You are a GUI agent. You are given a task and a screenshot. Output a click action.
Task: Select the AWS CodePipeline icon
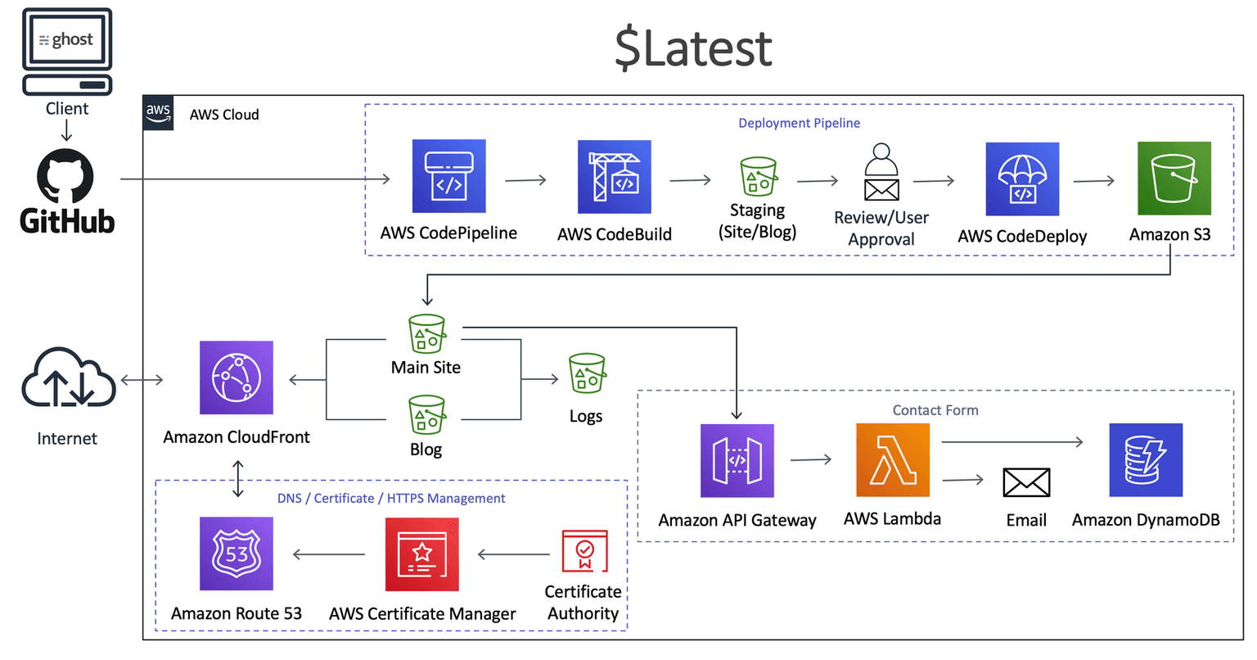coord(448,176)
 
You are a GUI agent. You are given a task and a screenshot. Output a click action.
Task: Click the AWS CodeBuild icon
coord(614,177)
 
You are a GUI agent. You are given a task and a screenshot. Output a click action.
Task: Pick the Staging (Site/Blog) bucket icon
coord(758,177)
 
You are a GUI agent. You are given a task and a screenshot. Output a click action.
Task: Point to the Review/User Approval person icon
coord(881,173)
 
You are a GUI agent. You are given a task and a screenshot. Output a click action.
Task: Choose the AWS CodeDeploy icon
coord(1022,179)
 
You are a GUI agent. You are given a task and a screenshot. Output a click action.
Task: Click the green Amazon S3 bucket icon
coord(1174,179)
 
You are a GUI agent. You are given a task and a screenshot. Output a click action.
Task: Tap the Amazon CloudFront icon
coord(237,378)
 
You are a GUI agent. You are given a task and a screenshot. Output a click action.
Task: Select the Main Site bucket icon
coord(426,333)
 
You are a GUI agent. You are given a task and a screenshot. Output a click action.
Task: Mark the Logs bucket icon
coord(586,373)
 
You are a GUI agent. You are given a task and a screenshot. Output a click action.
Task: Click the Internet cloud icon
coord(68,380)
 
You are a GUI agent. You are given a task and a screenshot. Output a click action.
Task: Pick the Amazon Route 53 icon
coord(237,554)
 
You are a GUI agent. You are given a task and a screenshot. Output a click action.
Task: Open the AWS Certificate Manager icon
coord(422,554)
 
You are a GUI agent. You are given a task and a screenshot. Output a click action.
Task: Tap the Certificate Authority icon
coord(584,551)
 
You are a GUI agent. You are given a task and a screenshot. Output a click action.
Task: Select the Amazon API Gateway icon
coord(737,460)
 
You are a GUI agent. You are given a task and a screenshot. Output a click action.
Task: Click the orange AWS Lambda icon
coord(892,460)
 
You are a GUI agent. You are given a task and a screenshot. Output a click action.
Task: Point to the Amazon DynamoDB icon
coord(1146,460)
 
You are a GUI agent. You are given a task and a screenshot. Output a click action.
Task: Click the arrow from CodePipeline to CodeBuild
coord(525,179)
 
